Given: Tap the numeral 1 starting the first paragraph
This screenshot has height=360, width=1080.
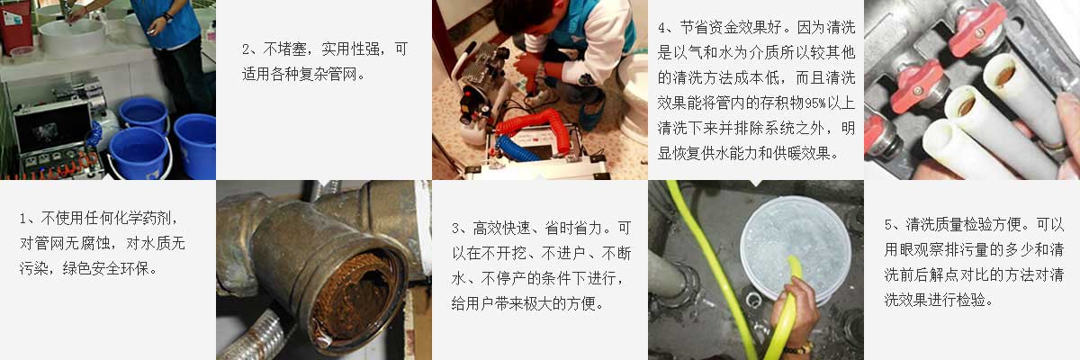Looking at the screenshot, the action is click(23, 220).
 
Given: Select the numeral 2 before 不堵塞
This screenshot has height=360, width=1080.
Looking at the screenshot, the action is click(246, 49).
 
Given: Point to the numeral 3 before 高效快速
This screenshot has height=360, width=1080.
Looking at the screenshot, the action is click(455, 229).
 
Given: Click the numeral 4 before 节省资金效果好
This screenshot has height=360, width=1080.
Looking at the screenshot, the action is click(662, 28).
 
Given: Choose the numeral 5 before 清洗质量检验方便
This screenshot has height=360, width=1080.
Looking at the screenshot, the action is click(888, 225).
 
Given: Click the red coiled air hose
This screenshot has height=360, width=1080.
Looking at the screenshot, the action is click(530, 124).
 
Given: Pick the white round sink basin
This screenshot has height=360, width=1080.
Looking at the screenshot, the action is click(72, 36).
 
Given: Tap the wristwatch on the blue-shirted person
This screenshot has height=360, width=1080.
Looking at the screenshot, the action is click(167, 17).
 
